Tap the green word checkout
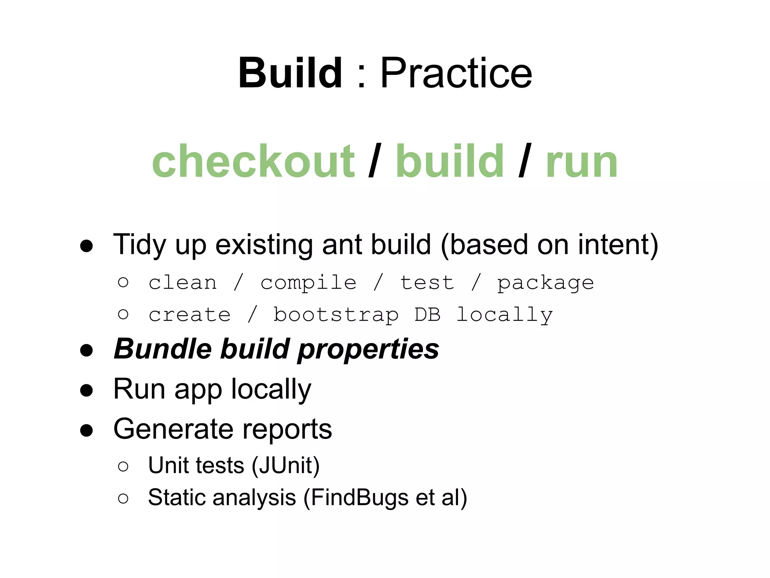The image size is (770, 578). coord(253,161)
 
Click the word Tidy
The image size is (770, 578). coord(139,245)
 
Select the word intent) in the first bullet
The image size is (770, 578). coord(618,245)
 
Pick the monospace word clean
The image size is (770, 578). coord(183,282)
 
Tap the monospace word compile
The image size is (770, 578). coord(308,283)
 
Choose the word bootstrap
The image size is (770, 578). coord(336,315)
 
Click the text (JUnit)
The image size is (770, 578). coord(286,465)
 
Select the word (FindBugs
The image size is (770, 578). coord(356,498)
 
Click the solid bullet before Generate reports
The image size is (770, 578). coord(86,430)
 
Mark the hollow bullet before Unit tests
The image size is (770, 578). coord(123,467)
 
